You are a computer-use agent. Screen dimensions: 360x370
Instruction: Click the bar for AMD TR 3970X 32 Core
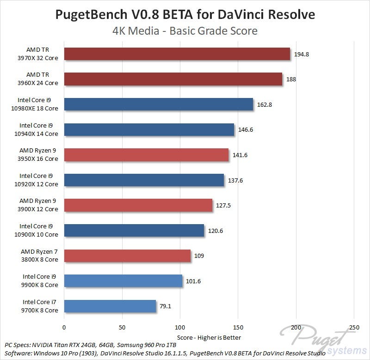pyautogui.click(x=177, y=54)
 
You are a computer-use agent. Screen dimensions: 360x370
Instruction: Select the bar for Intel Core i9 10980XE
pyautogui.click(x=159, y=104)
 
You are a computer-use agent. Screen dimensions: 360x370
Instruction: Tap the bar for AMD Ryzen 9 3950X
pyautogui.click(x=146, y=155)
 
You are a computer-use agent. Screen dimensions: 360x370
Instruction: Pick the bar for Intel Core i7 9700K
pyautogui.click(x=110, y=306)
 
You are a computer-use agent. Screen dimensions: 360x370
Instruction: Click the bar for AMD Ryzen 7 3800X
pyautogui.click(x=127, y=256)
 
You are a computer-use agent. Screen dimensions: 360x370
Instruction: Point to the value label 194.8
pyautogui.click(x=301, y=54)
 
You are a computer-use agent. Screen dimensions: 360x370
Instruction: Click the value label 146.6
pyautogui.click(x=246, y=130)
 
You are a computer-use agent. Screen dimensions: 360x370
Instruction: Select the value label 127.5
pyautogui.click(x=223, y=205)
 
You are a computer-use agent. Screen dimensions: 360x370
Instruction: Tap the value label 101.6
pyautogui.click(x=193, y=281)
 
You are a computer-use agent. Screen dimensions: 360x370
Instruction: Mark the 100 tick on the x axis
pyautogui.click(x=180, y=327)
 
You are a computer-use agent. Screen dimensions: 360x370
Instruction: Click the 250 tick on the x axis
pyautogui.click(x=353, y=327)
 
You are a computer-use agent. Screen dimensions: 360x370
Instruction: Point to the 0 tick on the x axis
pyautogui.click(x=64, y=327)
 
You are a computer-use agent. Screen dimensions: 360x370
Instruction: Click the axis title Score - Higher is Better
pyautogui.click(x=209, y=337)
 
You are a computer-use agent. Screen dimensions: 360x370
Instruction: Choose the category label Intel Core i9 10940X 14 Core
pyautogui.click(x=39, y=129)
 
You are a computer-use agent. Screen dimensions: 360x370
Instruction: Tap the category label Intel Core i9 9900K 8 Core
pyautogui.click(x=40, y=281)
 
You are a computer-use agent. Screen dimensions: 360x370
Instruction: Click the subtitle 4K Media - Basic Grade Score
pyautogui.click(x=185, y=31)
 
